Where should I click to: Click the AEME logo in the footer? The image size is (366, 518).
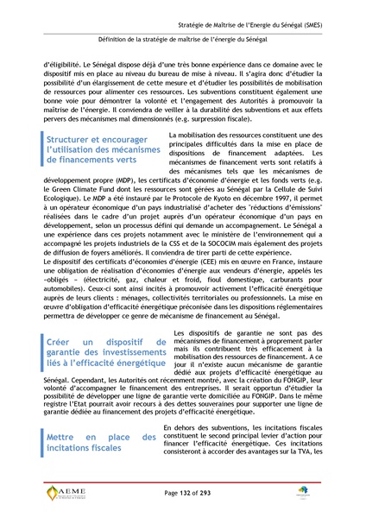click(x=68, y=493)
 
